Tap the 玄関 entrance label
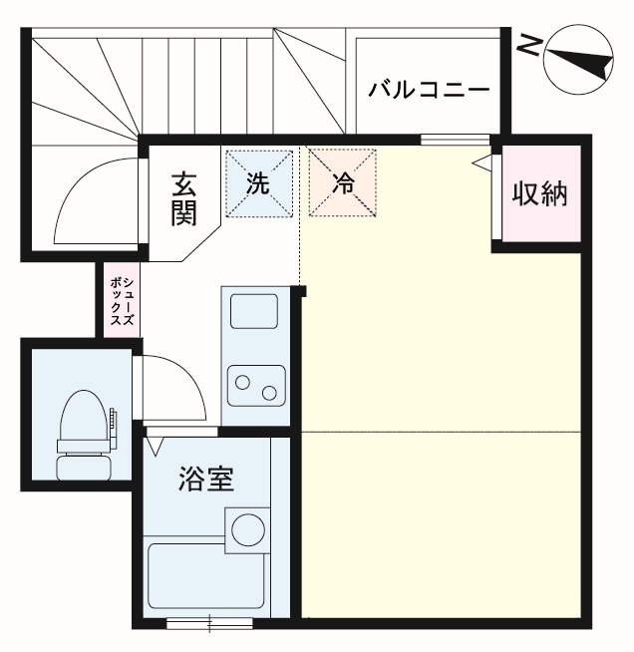coord(182,198)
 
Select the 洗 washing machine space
coord(258,183)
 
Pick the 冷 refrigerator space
coord(342,183)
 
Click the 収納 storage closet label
coord(539,193)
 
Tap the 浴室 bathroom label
coord(206,480)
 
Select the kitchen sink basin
coord(254,311)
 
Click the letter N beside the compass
coord(530,45)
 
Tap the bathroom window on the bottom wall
coord(208,625)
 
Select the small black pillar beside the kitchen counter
coord(303,292)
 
